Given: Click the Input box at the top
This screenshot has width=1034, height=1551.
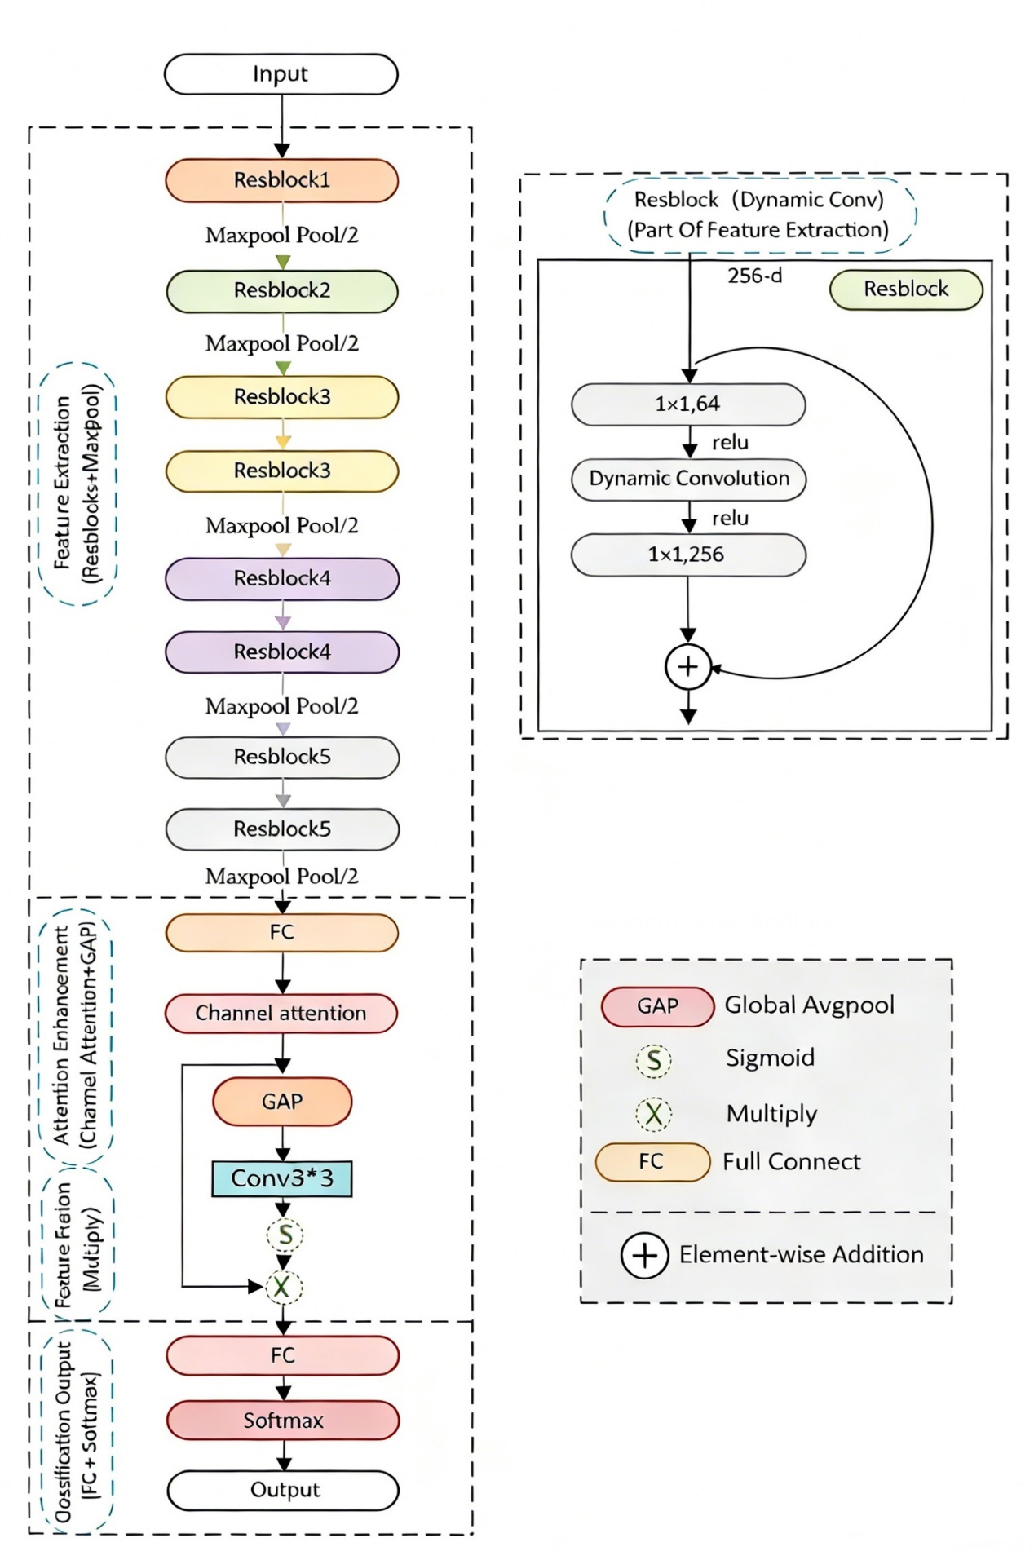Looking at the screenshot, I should pos(281,74).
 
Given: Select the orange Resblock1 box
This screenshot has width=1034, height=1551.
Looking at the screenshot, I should pos(281,180).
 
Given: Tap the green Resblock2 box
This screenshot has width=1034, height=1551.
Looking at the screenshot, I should pos(281,291).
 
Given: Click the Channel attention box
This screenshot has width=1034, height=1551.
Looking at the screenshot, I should pos(281,1014).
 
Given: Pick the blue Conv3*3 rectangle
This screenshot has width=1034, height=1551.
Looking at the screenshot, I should pos(281,1178).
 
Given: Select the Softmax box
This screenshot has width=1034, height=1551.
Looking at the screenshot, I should pos(283,1421).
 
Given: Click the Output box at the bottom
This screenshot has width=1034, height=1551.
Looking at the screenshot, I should pos(283,1490).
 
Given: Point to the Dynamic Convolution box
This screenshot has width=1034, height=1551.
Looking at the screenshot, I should pos(688,479).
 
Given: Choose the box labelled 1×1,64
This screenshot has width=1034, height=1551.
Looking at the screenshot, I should pos(688,404).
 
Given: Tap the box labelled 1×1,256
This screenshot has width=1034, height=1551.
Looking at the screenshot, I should pos(688,555).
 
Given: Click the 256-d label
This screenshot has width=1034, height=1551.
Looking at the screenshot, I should pos(754,276).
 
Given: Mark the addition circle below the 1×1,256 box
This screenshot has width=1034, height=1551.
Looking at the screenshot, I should pos(688,667).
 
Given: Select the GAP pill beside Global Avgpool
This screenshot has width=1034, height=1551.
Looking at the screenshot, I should pos(657,1006).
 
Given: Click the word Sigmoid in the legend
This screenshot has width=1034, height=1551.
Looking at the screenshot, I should pos(770,1058).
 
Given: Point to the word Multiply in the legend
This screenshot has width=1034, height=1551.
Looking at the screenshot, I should pos(771,1114).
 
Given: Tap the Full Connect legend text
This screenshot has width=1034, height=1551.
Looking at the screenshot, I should pos(791,1162).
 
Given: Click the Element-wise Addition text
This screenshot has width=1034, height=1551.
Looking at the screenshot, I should pos(801,1254).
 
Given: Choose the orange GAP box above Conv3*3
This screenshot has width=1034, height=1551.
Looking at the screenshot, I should pos(282,1102).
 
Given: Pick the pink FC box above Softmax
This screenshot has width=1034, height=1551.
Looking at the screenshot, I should pos(283,1355).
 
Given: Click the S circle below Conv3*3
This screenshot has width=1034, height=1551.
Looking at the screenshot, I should pos(285,1235).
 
